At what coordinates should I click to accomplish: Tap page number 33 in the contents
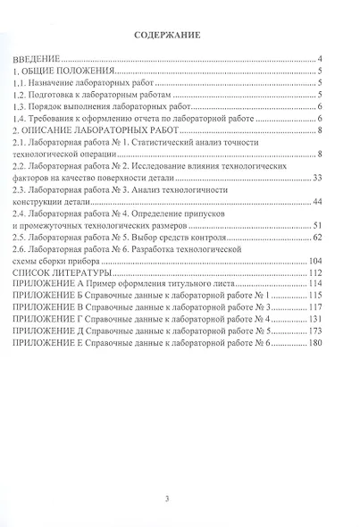coord(316,179)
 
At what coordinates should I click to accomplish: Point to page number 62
coord(316,238)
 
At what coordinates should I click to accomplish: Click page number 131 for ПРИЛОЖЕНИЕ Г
coord(314,319)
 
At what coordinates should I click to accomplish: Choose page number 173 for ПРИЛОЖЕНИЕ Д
coord(314,331)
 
